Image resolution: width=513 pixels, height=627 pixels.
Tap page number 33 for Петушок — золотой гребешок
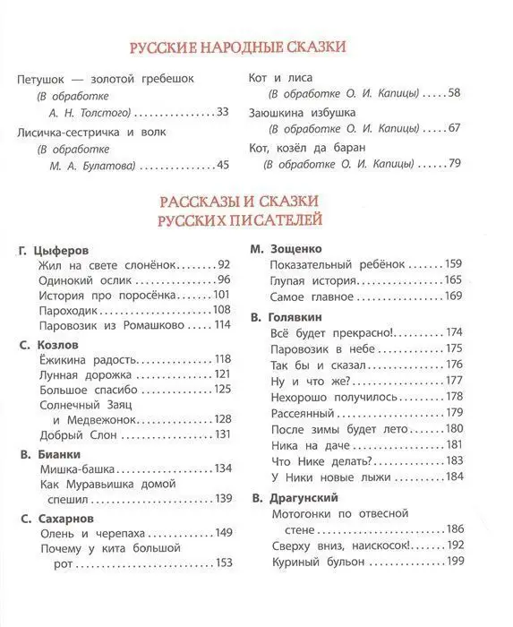coord(223,112)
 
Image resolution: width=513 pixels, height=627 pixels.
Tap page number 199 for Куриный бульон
coord(456,562)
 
